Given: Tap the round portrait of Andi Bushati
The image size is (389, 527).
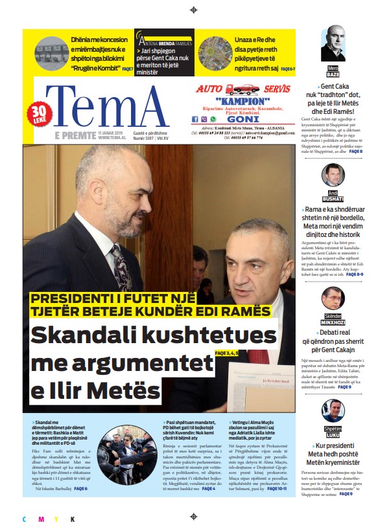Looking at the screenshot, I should point(333,175).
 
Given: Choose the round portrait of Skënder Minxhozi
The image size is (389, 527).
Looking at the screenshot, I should point(333,298).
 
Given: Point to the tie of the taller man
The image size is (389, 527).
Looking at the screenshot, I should point(121,265).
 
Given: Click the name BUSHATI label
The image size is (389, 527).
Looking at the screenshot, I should point(333,198).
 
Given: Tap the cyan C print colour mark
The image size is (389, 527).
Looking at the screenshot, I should point(25,519).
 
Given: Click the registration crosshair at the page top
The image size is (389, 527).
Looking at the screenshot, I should point(193,10).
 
